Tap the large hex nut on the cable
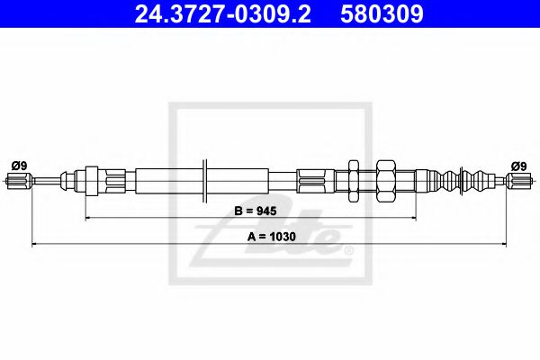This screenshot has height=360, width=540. pos(386,182)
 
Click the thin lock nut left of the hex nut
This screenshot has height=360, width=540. pos(353,182)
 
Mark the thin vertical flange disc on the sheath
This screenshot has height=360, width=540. pos(207,182)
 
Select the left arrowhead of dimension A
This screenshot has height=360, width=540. pos(34,243)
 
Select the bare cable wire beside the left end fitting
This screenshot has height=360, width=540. pos(45,183)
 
